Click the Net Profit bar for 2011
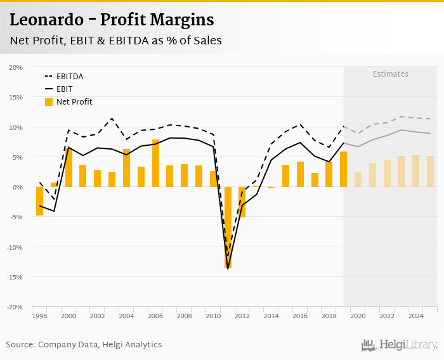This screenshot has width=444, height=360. pos(228,227)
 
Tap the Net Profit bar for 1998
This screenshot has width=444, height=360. pos(39,201)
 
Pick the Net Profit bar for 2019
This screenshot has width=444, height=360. pos(343,169)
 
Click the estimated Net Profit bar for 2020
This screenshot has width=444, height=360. pos(358,179)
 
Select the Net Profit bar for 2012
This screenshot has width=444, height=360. pos(242,202)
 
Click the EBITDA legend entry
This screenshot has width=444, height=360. pos(69,76)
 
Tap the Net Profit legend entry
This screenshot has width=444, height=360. pos(74,101)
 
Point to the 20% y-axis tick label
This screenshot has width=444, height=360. pos(16,67)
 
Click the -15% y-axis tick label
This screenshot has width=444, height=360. pos(15,277)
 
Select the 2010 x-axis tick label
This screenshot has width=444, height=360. pos(212,316)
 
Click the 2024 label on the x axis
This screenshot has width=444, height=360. pos(415,316)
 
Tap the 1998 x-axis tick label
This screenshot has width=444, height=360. pos(39,316)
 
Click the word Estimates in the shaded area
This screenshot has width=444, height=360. pos(390,74)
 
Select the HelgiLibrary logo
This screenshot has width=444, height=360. pos(399,345)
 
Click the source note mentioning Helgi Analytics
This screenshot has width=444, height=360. pos(84,345)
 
